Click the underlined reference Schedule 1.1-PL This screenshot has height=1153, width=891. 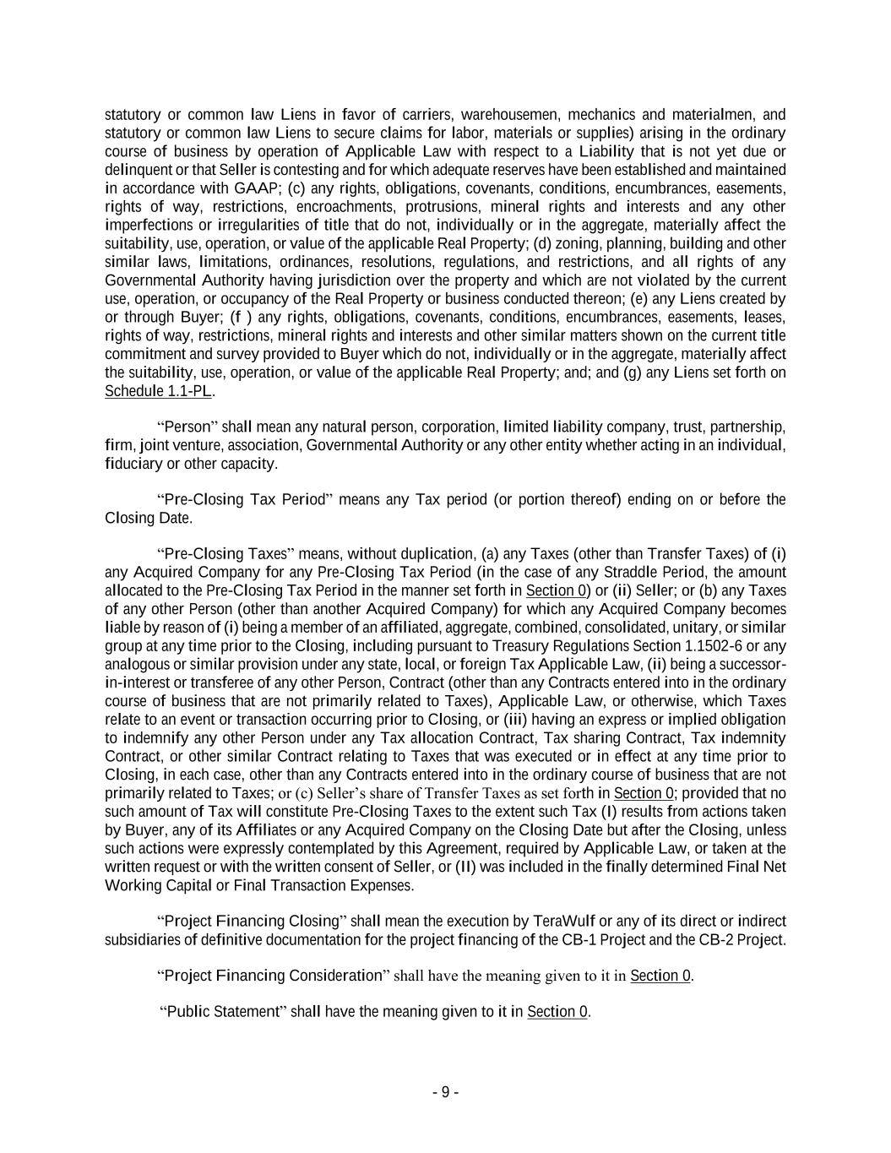(x=158, y=391)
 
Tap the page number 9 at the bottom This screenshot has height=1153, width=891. (x=445, y=1092)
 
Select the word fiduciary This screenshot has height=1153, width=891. (x=133, y=464)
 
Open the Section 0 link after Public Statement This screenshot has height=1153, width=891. (x=557, y=1012)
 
